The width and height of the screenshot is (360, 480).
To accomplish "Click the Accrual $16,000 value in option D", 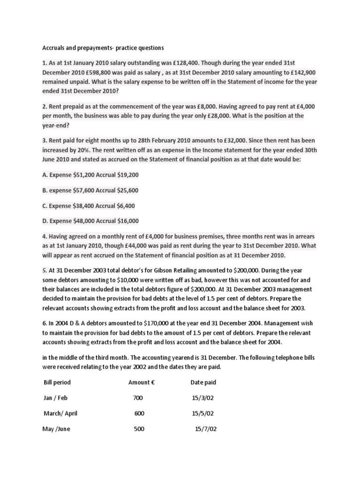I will pos(120,221).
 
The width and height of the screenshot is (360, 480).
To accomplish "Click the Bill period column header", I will pos(57,382).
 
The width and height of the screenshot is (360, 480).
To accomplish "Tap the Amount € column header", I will pos(142,382).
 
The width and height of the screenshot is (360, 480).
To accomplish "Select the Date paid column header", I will pos(203,382).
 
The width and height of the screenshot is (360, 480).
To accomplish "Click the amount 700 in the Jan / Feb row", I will pos(139,398).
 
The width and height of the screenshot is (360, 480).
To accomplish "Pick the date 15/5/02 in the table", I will pos(203,413).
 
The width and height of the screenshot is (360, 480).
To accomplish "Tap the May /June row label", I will pos(57,429).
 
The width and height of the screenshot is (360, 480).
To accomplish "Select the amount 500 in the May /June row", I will pos(139,429).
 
